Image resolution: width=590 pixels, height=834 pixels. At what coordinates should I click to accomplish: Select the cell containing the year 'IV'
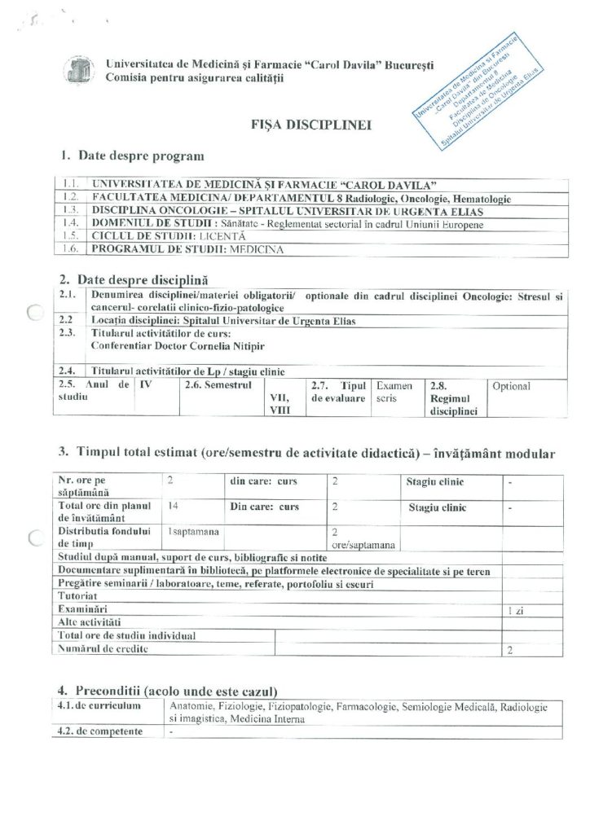(x=147, y=382)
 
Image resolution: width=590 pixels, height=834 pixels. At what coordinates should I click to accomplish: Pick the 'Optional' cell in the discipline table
(x=511, y=386)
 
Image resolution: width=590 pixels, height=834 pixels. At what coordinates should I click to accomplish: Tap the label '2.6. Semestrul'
(x=214, y=382)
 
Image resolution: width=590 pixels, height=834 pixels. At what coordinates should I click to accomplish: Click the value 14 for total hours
(x=173, y=506)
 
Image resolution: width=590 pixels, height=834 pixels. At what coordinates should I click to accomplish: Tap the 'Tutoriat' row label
(x=77, y=595)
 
